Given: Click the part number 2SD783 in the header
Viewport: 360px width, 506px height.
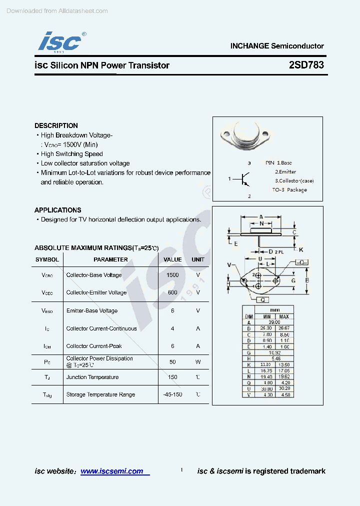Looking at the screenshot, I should [306, 65].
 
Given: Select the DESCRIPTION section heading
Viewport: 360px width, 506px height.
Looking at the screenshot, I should [56, 125].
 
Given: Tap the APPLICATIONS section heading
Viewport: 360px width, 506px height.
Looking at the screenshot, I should [57, 210].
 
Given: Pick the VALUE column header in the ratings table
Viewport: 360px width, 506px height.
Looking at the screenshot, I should [172, 259].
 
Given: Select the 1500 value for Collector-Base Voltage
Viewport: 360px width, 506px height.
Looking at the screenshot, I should [172, 275].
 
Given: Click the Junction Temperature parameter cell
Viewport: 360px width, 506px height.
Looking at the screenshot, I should [92, 377].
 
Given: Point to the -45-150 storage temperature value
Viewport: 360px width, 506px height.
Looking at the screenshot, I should [172, 394].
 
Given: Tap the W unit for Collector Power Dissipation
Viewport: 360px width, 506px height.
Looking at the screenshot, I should [198, 361].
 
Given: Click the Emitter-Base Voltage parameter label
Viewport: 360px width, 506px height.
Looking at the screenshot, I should [92, 310].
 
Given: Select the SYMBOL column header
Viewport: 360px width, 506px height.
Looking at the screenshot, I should [47, 259].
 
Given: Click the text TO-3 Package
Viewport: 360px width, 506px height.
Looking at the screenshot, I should [289, 190].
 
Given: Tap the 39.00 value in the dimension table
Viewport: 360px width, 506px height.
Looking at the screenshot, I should [274, 322].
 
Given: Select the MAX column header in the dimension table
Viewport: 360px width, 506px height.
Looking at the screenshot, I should [284, 316].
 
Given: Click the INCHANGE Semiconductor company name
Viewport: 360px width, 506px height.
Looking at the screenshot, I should [277, 45].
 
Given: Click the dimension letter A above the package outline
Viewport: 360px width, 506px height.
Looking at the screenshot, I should [261, 217].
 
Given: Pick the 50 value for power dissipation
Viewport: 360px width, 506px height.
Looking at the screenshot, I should [172, 361].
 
